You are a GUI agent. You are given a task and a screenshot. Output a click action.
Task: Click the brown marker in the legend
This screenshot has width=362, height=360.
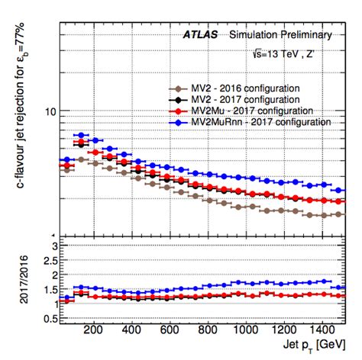178,86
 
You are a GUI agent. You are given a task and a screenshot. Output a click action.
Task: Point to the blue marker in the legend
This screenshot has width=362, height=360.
178,121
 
